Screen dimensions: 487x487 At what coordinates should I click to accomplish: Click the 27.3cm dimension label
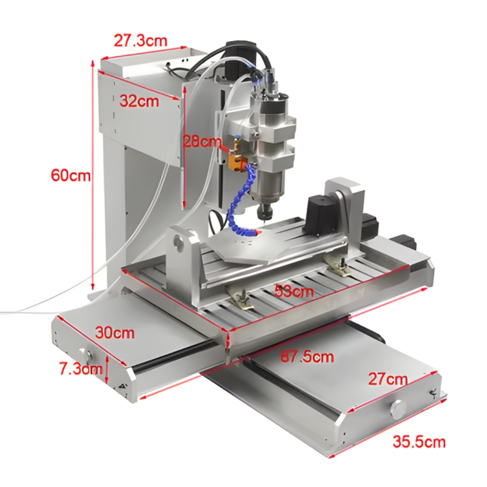coord(140,40)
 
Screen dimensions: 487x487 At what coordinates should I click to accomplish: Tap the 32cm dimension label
coord(139,101)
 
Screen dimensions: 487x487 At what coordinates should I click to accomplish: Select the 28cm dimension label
coord(202,142)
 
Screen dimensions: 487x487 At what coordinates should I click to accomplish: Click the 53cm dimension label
coord(294,292)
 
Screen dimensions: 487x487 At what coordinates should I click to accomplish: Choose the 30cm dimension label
coord(115,333)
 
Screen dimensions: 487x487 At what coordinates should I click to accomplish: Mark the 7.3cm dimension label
coord(81,369)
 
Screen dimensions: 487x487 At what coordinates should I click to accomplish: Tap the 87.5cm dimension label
coord(307,357)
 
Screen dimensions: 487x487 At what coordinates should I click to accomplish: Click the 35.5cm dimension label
coord(419,442)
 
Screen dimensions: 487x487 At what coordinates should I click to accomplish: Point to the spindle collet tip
coord(264,214)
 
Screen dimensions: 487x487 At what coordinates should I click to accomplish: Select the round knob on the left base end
coord(90,354)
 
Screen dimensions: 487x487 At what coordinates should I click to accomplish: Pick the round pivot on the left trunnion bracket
coord(180,243)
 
